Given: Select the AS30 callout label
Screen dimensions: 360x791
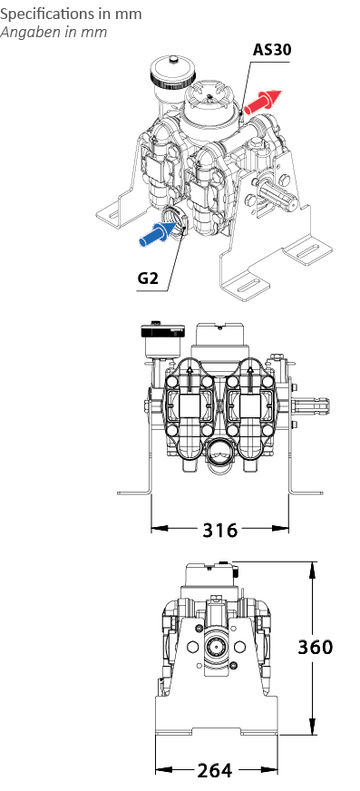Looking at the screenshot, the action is click(272, 49).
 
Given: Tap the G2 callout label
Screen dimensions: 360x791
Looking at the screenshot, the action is click(148, 278).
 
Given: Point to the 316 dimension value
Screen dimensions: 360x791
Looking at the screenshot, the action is click(219, 530).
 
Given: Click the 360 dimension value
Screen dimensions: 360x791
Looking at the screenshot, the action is click(316, 647).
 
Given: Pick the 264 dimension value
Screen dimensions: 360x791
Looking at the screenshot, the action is click(215, 770).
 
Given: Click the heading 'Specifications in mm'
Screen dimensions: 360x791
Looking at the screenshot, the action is click(71, 14).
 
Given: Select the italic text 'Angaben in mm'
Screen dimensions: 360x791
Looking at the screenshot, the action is click(54, 32).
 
